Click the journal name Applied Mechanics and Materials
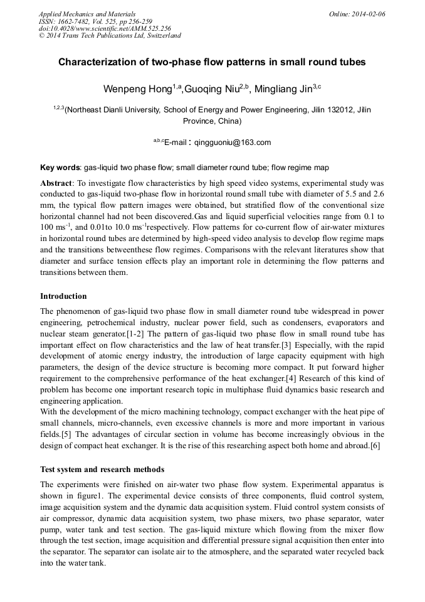click(x=87, y=14)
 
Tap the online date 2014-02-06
click(x=366, y=14)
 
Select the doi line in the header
click(x=105, y=28)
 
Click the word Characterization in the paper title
click(x=98, y=63)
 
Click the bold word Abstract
click(x=55, y=183)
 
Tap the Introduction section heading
click(x=63, y=296)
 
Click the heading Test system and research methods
click(x=102, y=469)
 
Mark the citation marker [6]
click(x=374, y=446)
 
